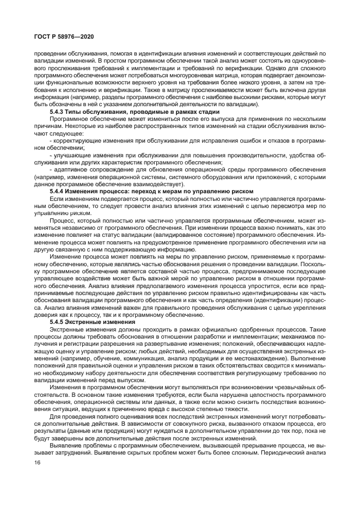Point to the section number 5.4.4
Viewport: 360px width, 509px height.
click(x=59, y=191)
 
